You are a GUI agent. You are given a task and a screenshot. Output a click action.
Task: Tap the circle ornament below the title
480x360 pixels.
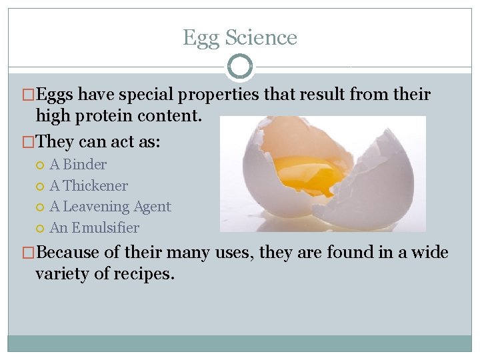click(240, 67)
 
